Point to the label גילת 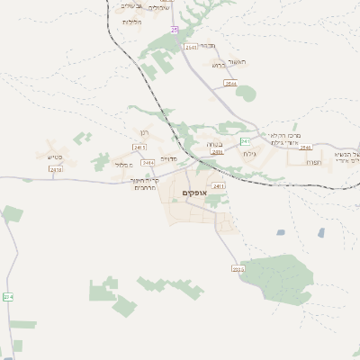pyautogui.click(x=249, y=154)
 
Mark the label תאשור pyautogui.click(x=250, y=61)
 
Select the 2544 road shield pyautogui.click(x=230, y=84)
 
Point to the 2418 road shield pyautogui.click(x=57, y=168)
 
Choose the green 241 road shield pyautogui.click(x=245, y=141)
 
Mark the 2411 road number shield pyautogui.click(x=219, y=211)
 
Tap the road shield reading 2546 pyautogui.click(x=306, y=147)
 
